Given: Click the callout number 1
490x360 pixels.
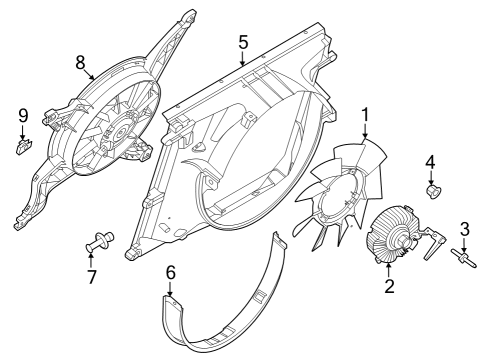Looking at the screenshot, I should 366,114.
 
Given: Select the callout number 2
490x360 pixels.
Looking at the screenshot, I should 390,288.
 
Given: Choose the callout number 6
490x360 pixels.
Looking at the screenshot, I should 170,271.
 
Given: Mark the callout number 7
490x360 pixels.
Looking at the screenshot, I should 92,276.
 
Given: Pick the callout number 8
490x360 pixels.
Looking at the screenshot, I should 81,61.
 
